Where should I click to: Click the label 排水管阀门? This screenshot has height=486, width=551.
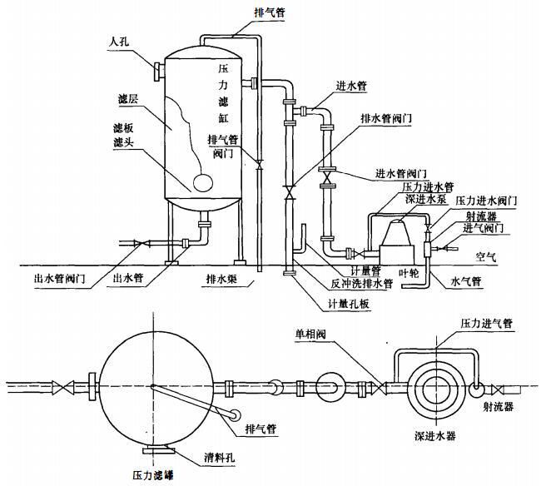[386, 119]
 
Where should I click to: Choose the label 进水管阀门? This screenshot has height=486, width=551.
[401, 172]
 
